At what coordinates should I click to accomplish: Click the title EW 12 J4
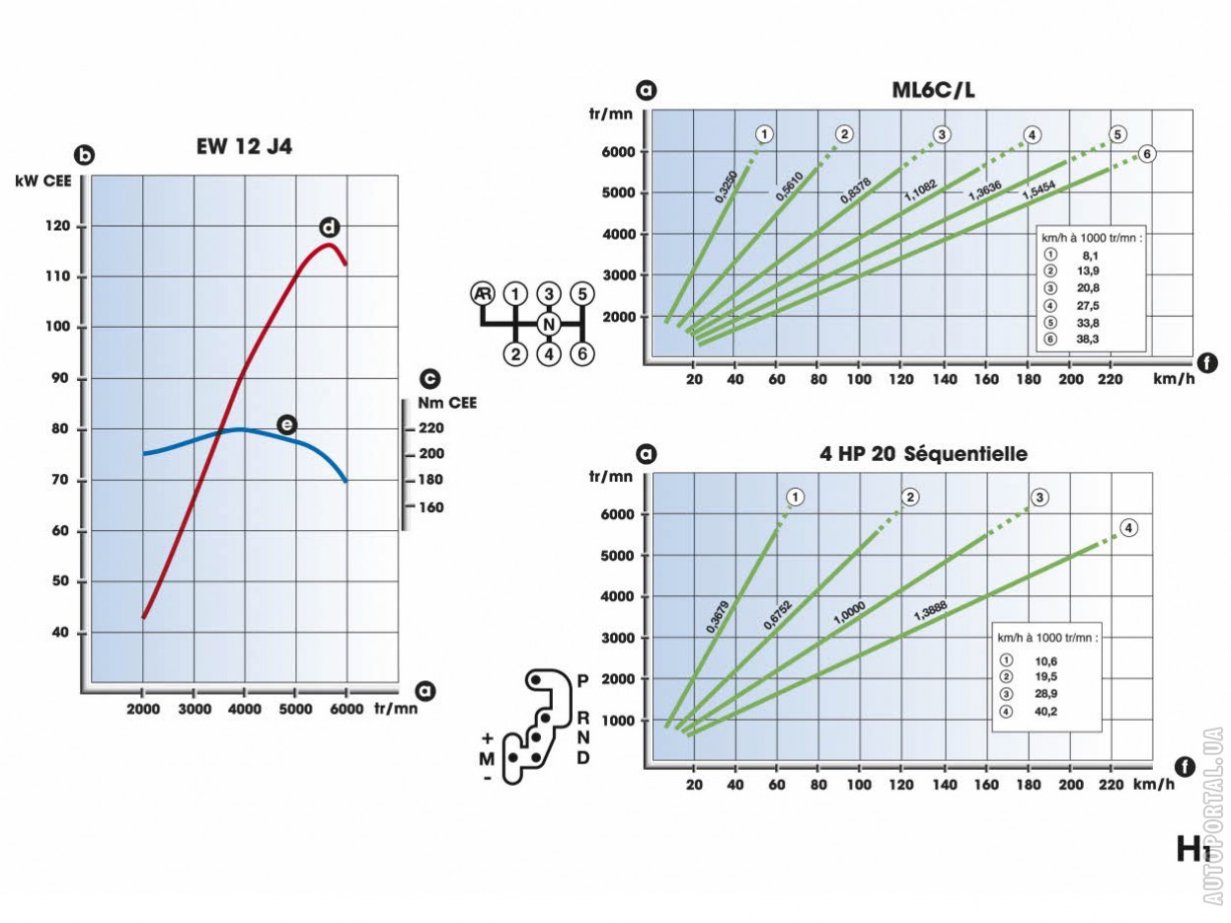tap(244, 148)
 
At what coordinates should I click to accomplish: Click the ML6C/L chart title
tap(933, 92)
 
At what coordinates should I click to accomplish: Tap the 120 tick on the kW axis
tap(58, 227)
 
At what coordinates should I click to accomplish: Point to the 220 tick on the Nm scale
tap(431, 427)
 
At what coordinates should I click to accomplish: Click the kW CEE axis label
tap(40, 181)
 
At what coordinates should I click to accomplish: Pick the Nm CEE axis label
tap(447, 402)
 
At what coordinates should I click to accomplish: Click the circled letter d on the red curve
tap(329, 228)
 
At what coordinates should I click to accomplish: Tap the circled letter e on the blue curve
tap(286, 424)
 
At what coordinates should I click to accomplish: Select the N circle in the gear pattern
tap(549, 323)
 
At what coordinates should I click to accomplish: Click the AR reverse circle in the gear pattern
tap(482, 293)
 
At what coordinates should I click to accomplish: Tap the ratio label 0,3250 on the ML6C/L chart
tap(728, 185)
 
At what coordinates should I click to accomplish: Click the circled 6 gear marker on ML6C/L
tap(1146, 153)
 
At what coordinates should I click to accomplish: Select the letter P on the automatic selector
tap(582, 681)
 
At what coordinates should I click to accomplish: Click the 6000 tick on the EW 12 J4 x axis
tap(346, 709)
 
